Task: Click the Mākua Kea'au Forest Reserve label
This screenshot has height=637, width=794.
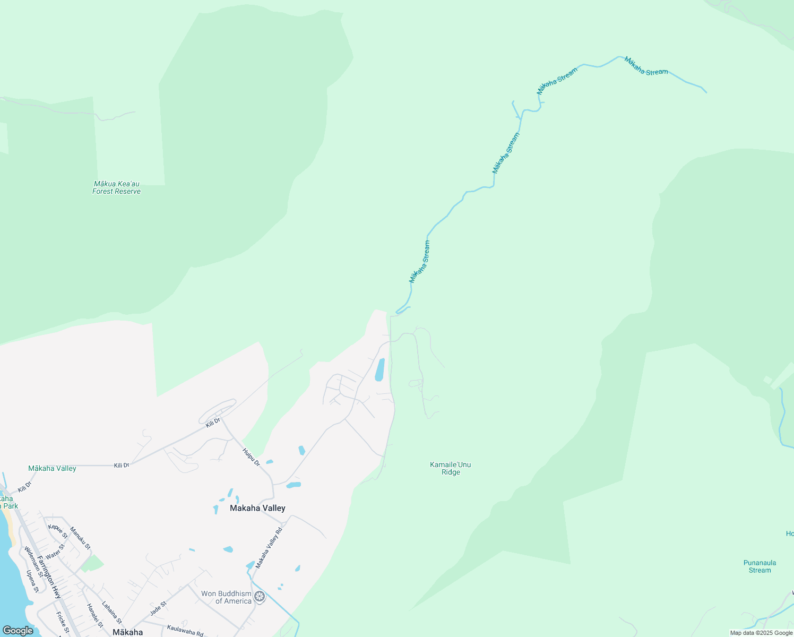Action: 116,187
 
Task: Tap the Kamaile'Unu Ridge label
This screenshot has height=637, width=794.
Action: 451,468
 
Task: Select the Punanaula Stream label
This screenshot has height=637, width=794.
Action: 760,566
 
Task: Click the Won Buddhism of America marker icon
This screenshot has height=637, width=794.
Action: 260,597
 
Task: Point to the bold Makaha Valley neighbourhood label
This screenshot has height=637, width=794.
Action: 257,508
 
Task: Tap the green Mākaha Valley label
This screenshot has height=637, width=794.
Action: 52,468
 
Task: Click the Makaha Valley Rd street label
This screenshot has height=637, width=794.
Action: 269,548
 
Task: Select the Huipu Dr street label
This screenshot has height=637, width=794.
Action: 251,457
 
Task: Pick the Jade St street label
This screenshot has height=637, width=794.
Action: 158,608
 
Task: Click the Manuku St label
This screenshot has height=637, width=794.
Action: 80,538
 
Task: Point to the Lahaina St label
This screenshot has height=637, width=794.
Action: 111,612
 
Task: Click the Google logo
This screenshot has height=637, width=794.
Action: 18,631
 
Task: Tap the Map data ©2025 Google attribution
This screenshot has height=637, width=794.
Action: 761,633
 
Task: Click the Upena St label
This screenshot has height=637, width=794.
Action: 32,581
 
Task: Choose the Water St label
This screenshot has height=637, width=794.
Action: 55,551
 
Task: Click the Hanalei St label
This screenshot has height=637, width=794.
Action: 94,616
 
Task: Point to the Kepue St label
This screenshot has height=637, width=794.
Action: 57,531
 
